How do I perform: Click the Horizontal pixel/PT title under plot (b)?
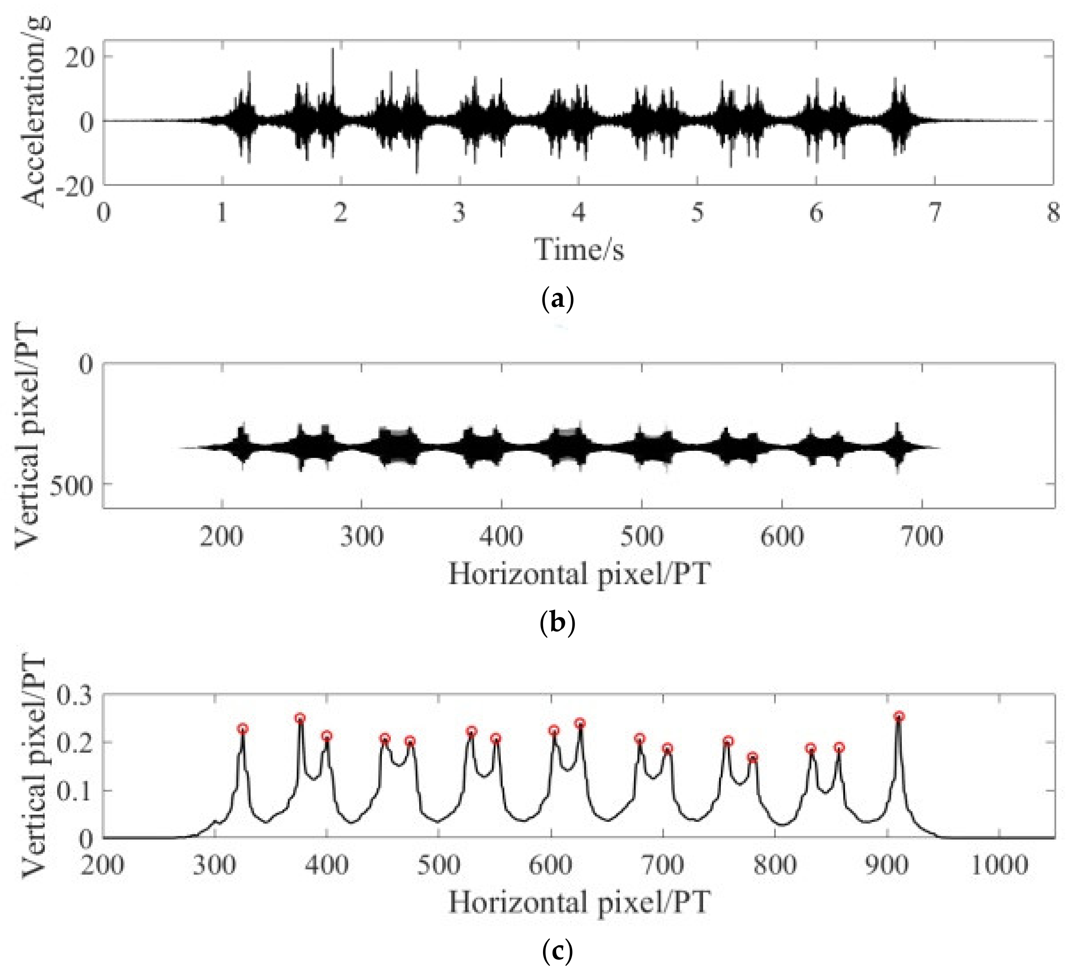tap(579, 574)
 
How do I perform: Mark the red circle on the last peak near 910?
tap(899, 717)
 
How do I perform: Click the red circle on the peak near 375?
tap(300, 718)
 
